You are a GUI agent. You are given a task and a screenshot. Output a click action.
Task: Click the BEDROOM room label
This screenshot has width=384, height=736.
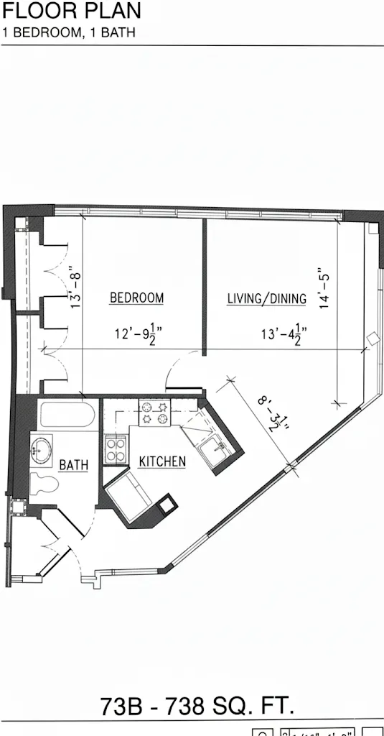point(136,298)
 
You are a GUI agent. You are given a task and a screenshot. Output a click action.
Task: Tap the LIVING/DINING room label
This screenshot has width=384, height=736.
point(266,298)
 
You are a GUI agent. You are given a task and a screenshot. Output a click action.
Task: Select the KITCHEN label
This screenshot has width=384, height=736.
point(162,461)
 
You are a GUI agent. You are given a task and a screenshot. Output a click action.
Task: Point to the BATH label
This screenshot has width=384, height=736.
point(74,465)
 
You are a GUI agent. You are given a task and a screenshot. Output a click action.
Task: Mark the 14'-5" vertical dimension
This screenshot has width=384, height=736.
point(327,287)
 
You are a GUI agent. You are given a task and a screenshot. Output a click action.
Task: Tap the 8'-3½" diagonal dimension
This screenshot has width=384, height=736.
point(269,413)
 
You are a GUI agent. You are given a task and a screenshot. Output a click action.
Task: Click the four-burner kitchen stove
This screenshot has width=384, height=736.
point(116,451)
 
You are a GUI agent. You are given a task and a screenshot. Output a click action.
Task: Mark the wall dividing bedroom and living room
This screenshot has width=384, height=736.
point(205,287)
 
